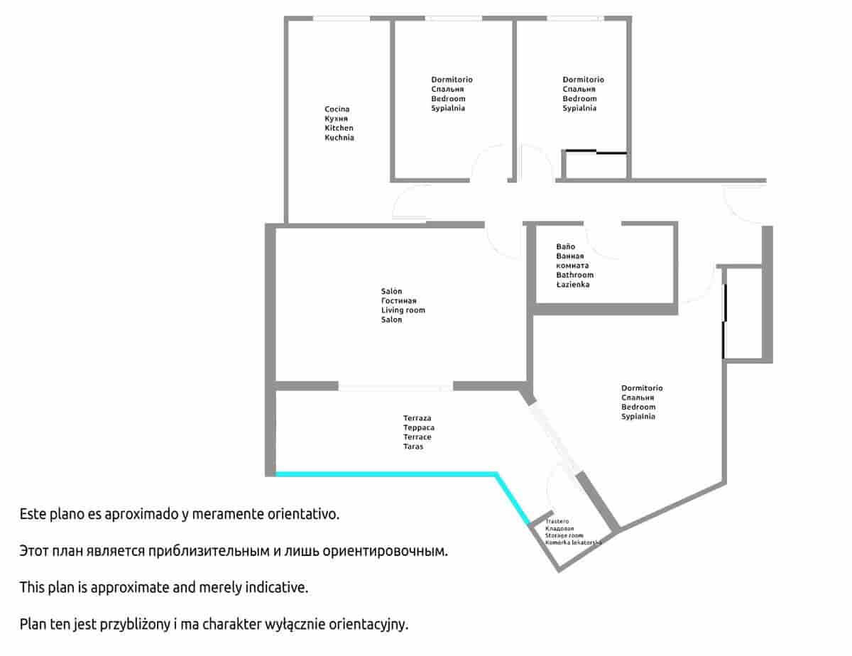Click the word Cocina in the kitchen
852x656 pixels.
click(337, 109)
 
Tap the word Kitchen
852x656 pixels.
click(339, 128)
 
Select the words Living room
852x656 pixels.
click(403, 310)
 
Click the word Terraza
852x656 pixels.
click(417, 418)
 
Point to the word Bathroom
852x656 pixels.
click(574, 275)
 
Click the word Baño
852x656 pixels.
click(565, 246)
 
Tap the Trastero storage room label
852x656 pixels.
click(557, 521)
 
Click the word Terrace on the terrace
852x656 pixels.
click(417, 437)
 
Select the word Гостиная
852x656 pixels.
click(399, 300)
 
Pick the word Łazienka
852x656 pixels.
click(572, 285)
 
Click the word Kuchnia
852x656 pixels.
click(339, 138)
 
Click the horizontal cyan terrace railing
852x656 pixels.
click(386, 474)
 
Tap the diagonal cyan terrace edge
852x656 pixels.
click(513, 498)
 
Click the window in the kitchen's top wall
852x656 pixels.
click(342, 18)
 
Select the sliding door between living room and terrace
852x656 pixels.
click(395, 387)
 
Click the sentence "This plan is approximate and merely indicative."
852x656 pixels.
click(164, 587)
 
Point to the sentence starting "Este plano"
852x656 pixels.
click(180, 514)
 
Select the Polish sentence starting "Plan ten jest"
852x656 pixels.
click(214, 624)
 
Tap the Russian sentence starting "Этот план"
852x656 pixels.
click(234, 551)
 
